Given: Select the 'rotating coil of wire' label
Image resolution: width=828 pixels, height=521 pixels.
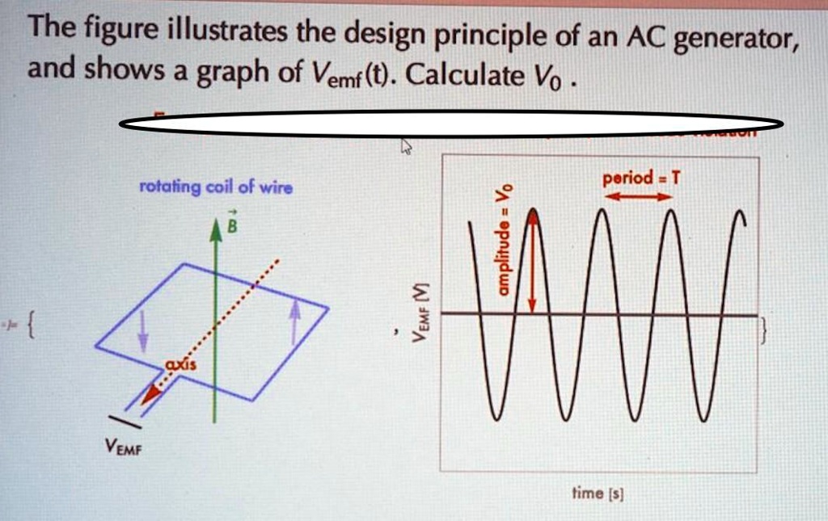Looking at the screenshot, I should [216, 189].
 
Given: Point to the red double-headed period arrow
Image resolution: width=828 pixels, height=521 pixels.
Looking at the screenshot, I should [634, 196].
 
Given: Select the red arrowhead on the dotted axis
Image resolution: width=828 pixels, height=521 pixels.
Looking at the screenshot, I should [149, 395].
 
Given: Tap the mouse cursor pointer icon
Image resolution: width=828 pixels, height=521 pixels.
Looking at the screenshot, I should [407, 145].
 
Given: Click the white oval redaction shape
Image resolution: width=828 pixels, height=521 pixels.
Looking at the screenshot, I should [451, 124].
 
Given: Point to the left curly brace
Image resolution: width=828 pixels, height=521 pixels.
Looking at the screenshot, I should [31, 328].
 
